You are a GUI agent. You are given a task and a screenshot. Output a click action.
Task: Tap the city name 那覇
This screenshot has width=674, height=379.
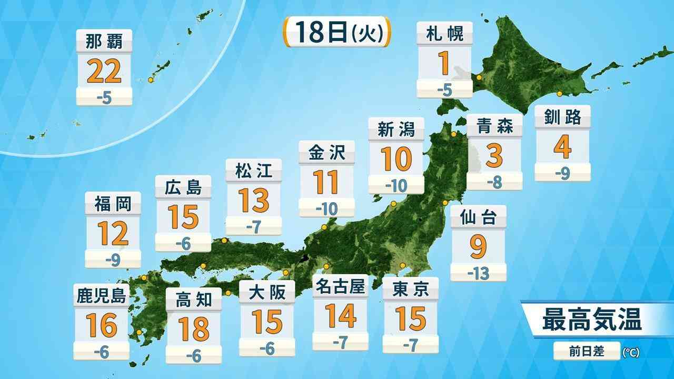click(104, 41)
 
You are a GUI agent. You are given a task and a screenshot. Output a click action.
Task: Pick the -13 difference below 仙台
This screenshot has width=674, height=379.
click(478, 273)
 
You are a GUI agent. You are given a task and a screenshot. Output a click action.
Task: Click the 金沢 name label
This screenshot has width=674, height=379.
click(326, 153)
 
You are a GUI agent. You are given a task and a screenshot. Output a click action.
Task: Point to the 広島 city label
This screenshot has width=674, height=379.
click(184, 187)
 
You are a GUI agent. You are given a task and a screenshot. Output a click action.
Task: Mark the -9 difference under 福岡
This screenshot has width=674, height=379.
click(113, 259)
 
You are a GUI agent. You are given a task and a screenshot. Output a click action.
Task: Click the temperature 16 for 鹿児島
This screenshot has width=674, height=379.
click(102, 326)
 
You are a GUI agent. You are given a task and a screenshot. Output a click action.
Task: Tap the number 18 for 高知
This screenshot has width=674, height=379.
click(193, 328)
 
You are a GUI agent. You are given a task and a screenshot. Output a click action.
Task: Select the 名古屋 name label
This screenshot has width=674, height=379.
click(340, 287)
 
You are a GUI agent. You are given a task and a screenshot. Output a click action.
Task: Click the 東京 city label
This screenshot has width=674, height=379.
click(411, 289)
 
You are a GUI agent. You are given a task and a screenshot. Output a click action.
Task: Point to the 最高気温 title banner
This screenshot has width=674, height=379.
click(592, 320)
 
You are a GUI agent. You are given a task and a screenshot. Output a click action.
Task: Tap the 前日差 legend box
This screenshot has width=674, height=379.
click(586, 351)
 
